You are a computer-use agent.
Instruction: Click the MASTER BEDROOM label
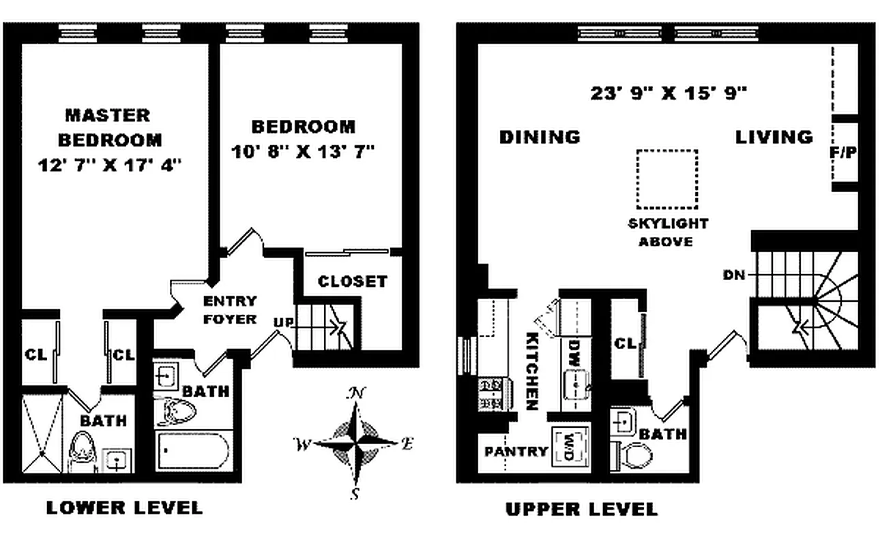(x=109, y=127)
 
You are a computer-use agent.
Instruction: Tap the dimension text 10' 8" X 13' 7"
(x=304, y=151)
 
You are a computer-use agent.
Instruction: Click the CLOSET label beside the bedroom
(x=353, y=281)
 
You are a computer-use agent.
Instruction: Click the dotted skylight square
(x=666, y=179)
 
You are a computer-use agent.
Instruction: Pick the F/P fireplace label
(x=843, y=153)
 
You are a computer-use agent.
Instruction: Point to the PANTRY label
(x=516, y=451)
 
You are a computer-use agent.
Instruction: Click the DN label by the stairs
(x=735, y=275)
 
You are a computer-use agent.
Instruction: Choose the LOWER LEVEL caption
(x=124, y=508)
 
